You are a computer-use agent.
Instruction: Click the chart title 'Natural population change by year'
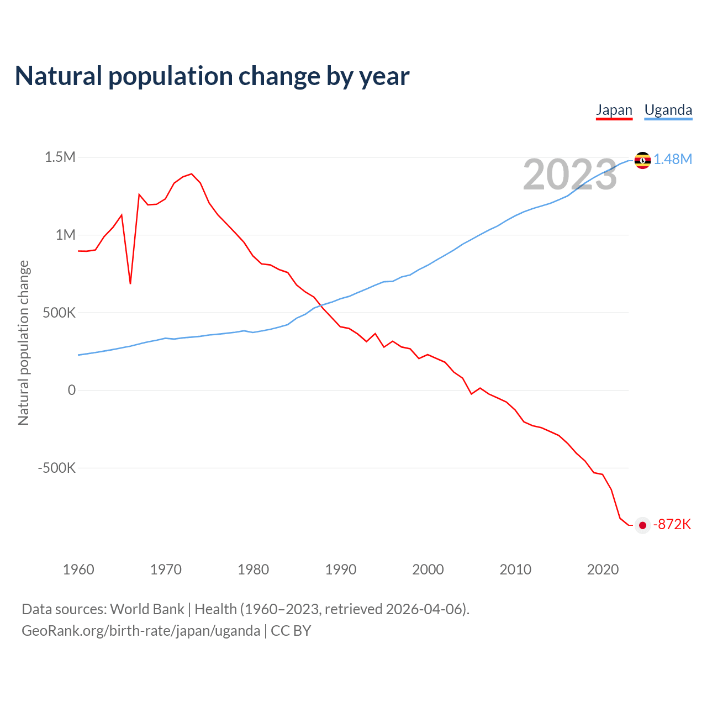pyautogui.click(x=212, y=76)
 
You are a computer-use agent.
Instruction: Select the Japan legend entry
pyautogui.click(x=614, y=110)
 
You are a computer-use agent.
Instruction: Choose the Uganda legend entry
pyautogui.click(x=668, y=110)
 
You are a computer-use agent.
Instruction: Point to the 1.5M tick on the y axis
pyautogui.click(x=60, y=157)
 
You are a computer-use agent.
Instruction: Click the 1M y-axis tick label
pyautogui.click(x=65, y=235)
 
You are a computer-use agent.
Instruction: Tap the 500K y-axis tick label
pyautogui.click(x=59, y=313)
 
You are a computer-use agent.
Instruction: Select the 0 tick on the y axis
pyautogui.click(x=71, y=390)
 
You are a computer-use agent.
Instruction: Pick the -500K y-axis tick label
pyautogui.click(x=56, y=468)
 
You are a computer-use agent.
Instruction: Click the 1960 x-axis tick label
pyautogui.click(x=78, y=569)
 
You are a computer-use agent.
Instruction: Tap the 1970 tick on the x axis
pyautogui.click(x=166, y=569)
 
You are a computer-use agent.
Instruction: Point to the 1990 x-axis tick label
pyautogui.click(x=341, y=569)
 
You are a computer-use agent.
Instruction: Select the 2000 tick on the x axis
pyautogui.click(x=428, y=569)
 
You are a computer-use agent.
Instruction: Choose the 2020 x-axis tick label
pyautogui.click(x=603, y=569)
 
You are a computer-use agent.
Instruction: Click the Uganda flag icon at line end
pyautogui.click(x=642, y=160)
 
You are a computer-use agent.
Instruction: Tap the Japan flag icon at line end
pyautogui.click(x=642, y=525)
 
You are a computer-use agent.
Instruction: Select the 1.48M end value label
pyautogui.click(x=673, y=160)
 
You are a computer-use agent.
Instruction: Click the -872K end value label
pyautogui.click(x=672, y=525)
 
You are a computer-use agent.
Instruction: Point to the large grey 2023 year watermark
pyautogui.click(x=569, y=175)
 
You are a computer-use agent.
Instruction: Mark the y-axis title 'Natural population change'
pyautogui.click(x=24, y=342)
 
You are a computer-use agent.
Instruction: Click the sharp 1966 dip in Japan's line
pyautogui.click(x=130, y=283)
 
